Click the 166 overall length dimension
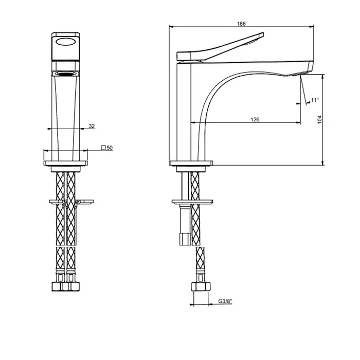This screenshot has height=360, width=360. click(241, 24)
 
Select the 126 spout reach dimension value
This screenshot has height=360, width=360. click(255, 119)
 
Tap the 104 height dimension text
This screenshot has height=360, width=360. click(319, 120)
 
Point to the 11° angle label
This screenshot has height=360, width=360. click(315, 100)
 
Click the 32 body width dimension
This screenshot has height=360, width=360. click(92, 126)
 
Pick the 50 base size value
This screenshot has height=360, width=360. click(110, 148)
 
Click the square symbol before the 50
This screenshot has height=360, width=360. click(103, 148)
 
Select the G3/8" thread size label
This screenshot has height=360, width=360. click(225, 301)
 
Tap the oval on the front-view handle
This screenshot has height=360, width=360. click(66, 42)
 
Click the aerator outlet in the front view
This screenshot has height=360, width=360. click(66, 74)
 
